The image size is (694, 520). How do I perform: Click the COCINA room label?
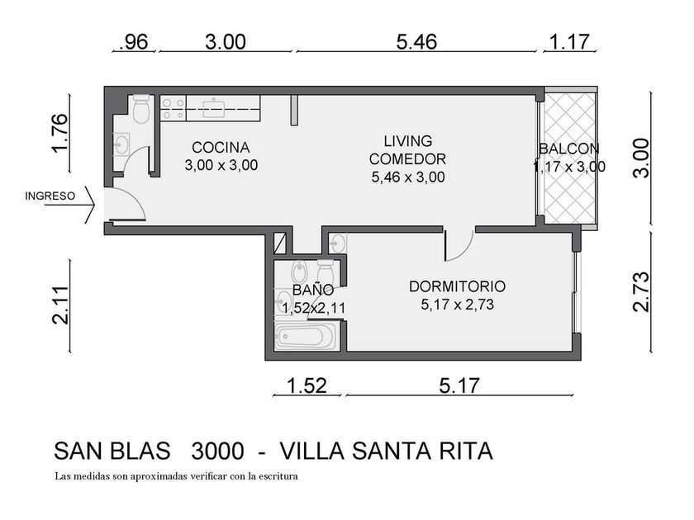pyautogui.click(x=221, y=148)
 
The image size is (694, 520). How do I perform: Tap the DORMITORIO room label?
pyautogui.click(x=457, y=286)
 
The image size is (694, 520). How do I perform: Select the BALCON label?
pyautogui.click(x=569, y=149)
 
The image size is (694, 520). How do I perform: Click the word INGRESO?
pyautogui.click(x=50, y=196)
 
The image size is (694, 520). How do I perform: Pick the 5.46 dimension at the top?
pyautogui.click(x=416, y=41)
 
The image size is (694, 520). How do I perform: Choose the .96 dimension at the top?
pyautogui.click(x=133, y=42)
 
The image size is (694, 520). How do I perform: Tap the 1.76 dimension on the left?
pyautogui.click(x=59, y=133)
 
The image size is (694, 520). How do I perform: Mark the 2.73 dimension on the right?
pyautogui.click(x=641, y=291)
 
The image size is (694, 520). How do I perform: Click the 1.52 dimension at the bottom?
pyautogui.click(x=307, y=385)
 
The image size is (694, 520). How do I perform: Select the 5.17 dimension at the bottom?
pyautogui.click(x=459, y=385)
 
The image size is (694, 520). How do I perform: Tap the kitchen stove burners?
pyautogui.click(x=173, y=108)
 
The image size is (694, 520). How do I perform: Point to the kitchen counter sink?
pyautogui.click(x=214, y=108)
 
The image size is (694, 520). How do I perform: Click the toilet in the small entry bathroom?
pyautogui.click(x=141, y=109)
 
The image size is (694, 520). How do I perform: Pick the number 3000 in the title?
pyautogui.click(x=217, y=451)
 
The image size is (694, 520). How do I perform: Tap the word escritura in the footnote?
pyautogui.click(x=278, y=476)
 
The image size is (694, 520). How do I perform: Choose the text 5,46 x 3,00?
pyautogui.click(x=408, y=177)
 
